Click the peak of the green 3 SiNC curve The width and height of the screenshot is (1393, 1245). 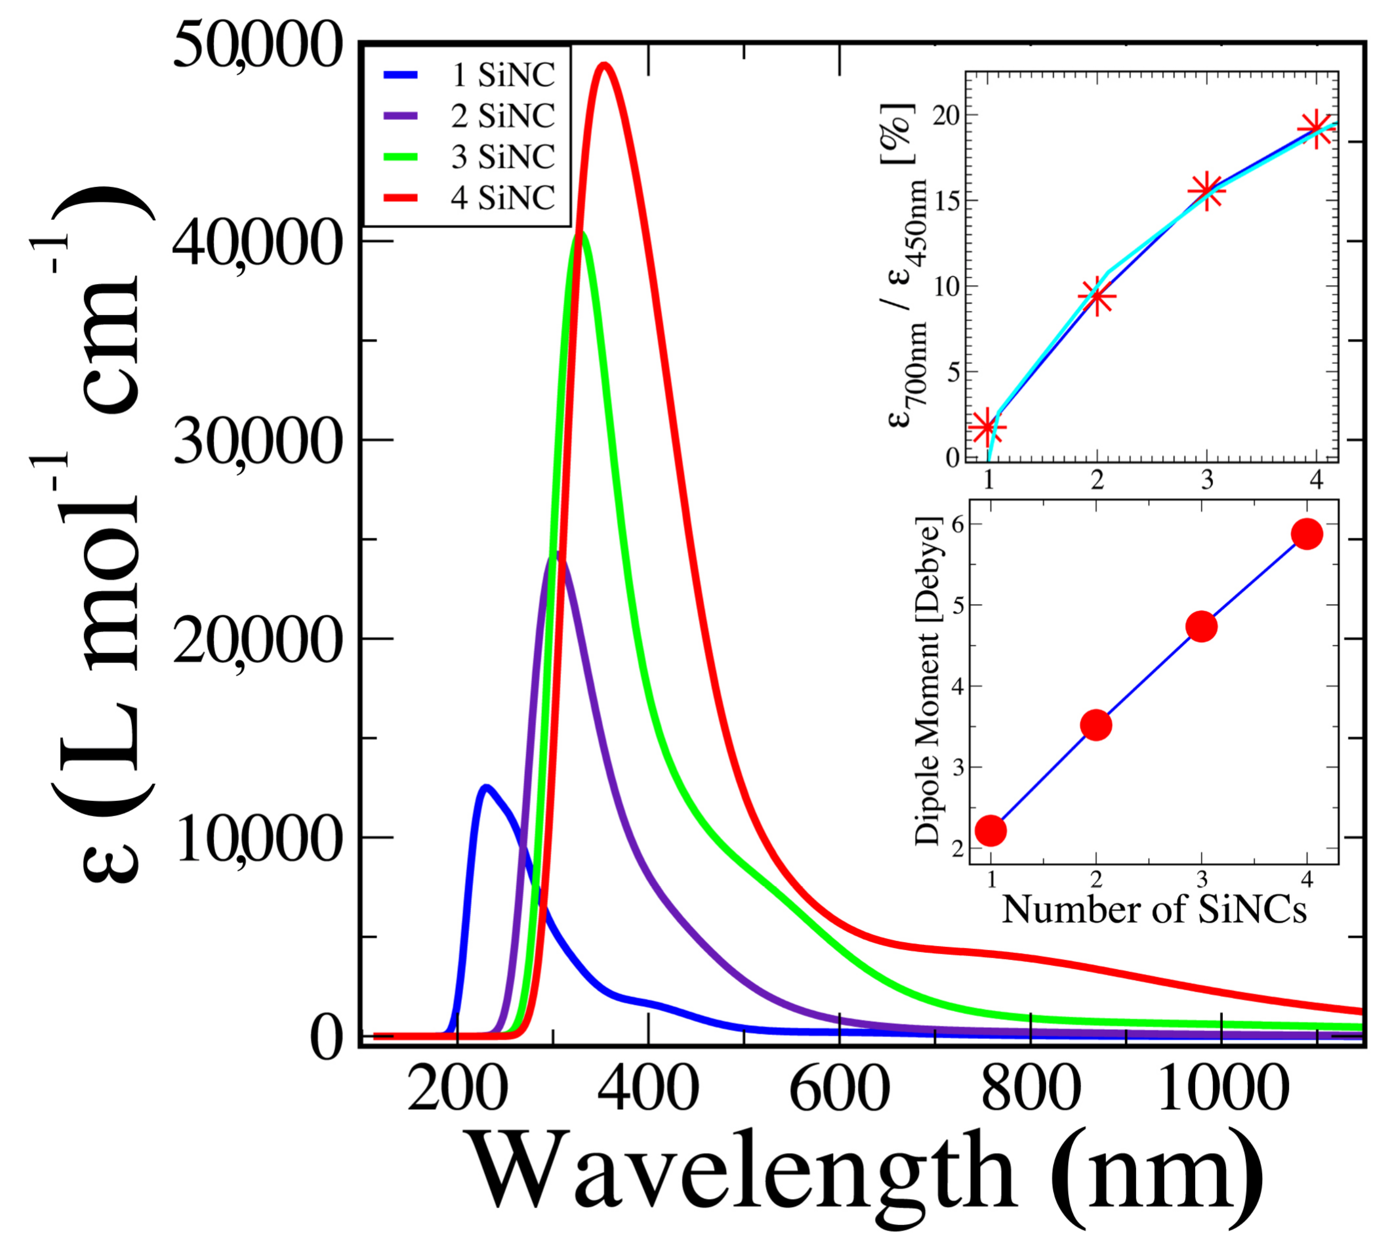click(581, 234)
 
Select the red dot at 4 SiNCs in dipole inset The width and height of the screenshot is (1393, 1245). click(1307, 534)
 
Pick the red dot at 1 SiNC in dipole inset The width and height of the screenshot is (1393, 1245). click(990, 830)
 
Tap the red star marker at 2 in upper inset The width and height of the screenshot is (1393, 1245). click(1096, 296)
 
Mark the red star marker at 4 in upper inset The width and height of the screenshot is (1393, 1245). click(1316, 128)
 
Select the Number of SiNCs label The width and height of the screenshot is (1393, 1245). click(1154, 910)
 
